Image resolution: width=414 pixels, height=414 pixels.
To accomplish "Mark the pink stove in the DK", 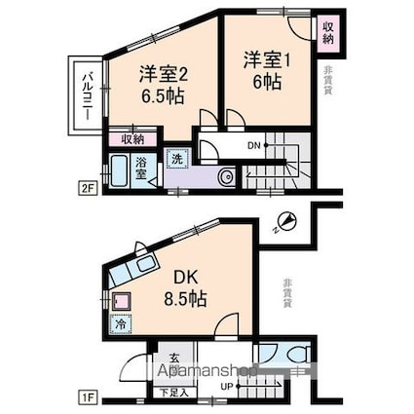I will tap(122, 302).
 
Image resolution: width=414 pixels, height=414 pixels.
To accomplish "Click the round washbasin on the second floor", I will tap(225, 176).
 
